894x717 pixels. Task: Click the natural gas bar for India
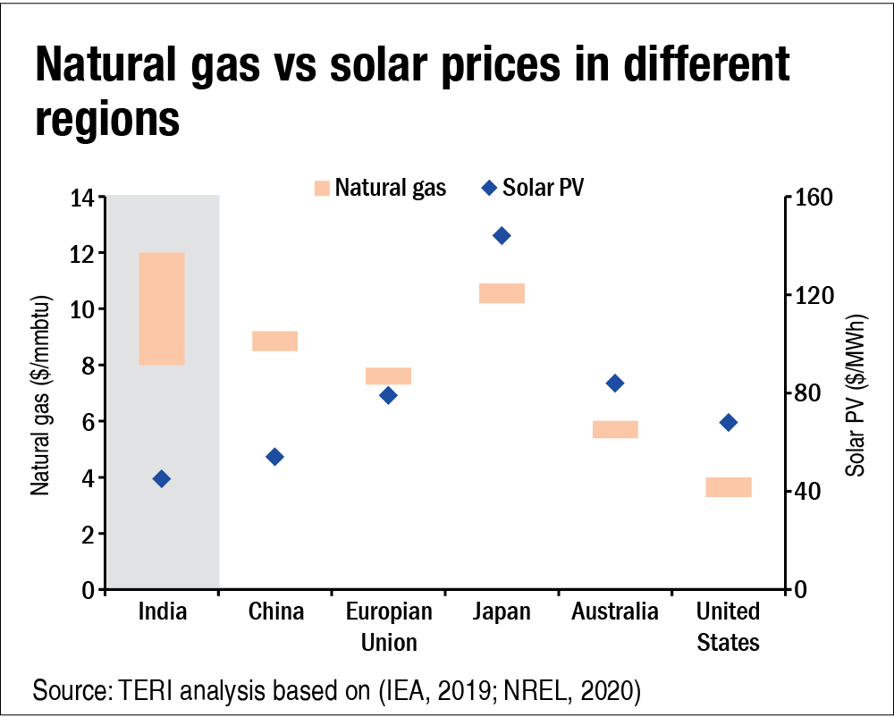162,308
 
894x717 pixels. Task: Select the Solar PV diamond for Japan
502,236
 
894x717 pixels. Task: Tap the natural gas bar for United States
729,486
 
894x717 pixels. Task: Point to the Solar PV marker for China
275,457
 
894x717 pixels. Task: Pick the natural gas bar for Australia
615,429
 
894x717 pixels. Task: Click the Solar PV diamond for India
162,479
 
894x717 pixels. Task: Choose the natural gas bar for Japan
502,293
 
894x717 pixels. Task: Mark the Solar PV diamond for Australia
615,384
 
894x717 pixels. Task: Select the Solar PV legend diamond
489,188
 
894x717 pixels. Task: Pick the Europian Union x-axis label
389,627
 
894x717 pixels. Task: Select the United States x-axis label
729,627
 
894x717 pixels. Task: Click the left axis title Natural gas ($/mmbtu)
40,393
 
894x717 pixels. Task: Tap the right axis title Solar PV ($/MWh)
859,393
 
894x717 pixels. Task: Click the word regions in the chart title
107,119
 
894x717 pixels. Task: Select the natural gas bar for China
275,341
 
